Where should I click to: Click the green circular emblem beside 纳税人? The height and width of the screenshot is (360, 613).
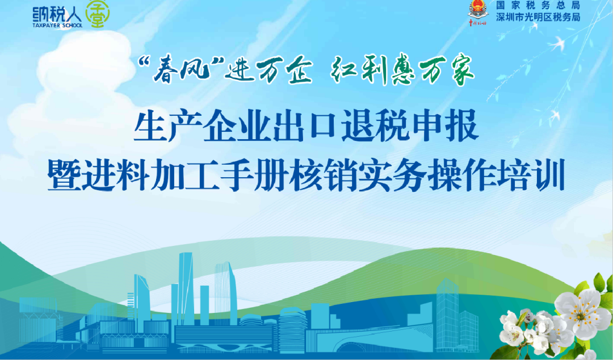98,14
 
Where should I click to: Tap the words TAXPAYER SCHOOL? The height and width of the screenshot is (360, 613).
57,26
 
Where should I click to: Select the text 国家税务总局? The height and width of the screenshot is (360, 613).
538,5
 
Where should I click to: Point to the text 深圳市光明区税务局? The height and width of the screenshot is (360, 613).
538,17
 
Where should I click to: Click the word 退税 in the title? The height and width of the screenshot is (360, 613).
375,126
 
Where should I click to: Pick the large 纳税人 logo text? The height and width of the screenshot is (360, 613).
57,14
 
